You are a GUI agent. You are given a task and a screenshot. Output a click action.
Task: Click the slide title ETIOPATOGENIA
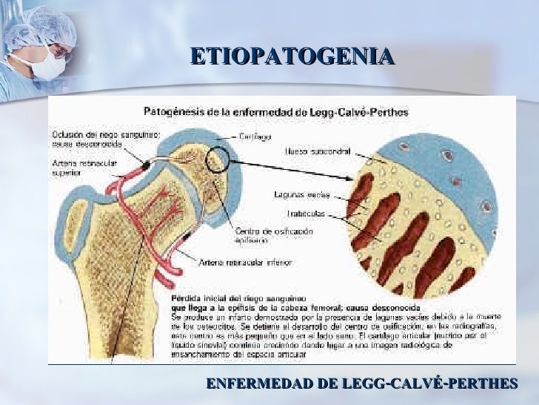click(292, 56)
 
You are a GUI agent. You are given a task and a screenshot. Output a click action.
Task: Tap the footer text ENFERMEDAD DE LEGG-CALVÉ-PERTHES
click(361, 383)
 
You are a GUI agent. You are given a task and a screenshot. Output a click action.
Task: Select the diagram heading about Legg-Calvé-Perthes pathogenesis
click(280, 111)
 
